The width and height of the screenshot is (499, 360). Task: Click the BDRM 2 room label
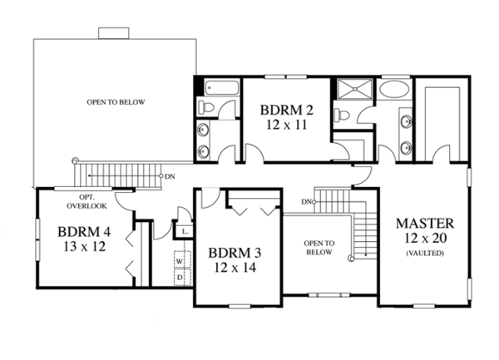(x=286, y=110)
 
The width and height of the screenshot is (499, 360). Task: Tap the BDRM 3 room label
(x=235, y=253)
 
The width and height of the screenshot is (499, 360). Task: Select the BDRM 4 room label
(x=84, y=232)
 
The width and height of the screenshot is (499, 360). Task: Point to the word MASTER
(x=425, y=224)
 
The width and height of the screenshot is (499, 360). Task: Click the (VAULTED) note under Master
(x=425, y=253)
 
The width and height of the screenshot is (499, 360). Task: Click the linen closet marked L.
(x=185, y=232)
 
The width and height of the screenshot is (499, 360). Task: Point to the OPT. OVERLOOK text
(x=86, y=202)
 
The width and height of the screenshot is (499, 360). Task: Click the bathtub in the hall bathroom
(x=222, y=88)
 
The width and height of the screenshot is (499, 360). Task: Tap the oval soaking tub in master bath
(x=394, y=89)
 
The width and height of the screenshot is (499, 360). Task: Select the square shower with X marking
(x=354, y=89)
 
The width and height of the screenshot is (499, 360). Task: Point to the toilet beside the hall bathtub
(x=206, y=106)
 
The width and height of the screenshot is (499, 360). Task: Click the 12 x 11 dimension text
(x=286, y=125)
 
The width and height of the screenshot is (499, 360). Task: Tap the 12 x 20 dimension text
(x=426, y=238)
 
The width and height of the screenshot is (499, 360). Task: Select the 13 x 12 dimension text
(x=84, y=246)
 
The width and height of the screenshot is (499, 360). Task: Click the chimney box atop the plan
(x=114, y=33)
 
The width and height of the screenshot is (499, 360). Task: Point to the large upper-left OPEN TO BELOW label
(x=116, y=102)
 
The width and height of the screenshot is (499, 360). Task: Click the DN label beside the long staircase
(x=170, y=176)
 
